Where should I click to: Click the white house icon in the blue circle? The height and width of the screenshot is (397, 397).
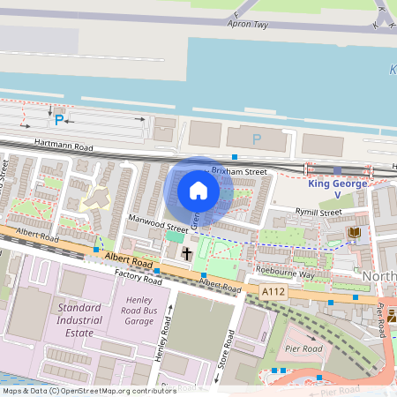click(198, 190)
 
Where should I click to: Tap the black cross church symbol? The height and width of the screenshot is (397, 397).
click(186, 254)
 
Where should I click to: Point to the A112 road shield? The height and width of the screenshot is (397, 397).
click(273, 289)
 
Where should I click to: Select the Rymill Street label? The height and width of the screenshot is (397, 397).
click(318, 212)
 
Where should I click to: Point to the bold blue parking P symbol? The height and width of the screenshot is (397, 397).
click(59, 119)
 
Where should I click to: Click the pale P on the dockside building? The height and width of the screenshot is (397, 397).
click(257, 139)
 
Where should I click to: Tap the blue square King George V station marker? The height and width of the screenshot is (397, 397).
click(337, 169)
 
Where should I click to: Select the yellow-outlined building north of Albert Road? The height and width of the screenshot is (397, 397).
click(91, 202)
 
